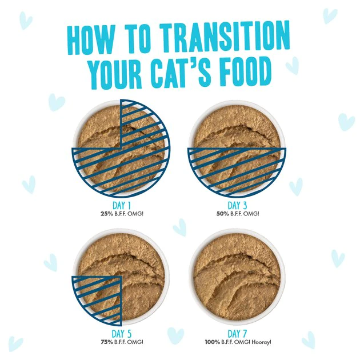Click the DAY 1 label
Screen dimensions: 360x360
pyautogui.click(x=120, y=205)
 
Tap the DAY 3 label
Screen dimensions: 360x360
pyautogui.click(x=237, y=205)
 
